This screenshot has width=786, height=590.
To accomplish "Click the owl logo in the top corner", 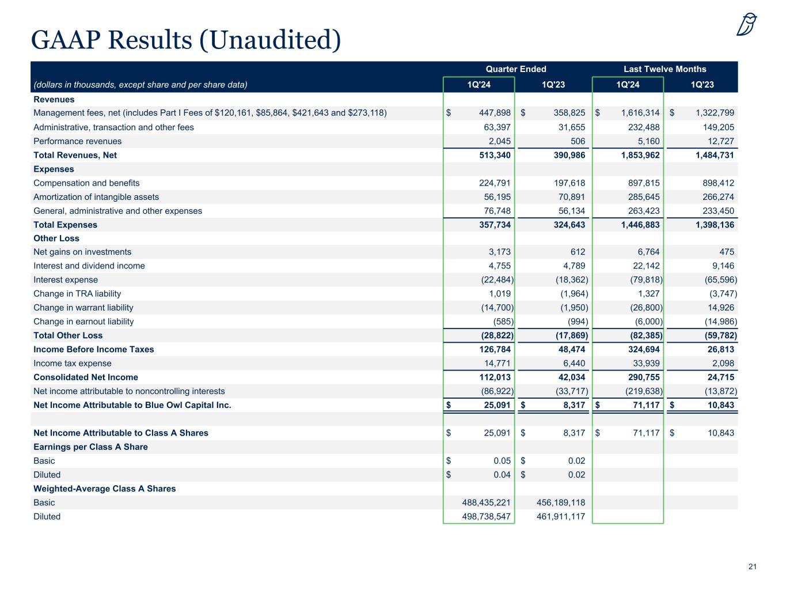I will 746,24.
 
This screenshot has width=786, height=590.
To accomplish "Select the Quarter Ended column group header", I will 516,69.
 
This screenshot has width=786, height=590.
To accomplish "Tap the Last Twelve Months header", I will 665,69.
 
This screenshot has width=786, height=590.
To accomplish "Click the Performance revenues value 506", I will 578,141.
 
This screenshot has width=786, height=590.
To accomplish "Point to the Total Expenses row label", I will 66,225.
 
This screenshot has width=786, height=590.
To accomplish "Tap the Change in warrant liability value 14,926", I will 720,308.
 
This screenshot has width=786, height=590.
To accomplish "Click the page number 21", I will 752,567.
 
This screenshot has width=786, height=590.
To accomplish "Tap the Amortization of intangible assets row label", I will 96,197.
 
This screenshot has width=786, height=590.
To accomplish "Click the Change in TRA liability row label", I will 77,294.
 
